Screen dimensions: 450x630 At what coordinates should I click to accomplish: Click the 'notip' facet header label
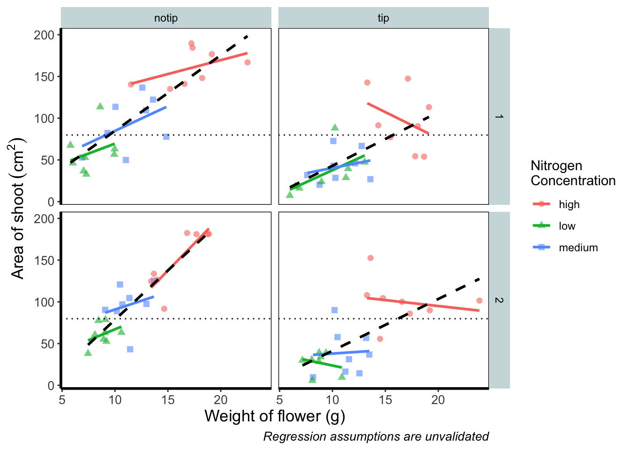tap(166, 18)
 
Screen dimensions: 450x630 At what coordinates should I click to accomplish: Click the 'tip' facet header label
tap(383, 18)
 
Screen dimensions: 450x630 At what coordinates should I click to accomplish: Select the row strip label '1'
tap(499, 116)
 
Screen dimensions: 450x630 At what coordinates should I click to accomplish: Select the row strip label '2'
tap(499, 300)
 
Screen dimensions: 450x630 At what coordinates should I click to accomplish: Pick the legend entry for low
tap(567, 226)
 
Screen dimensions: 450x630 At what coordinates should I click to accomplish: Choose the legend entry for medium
tap(578, 247)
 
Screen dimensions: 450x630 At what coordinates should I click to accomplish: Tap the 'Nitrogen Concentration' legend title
tap(573, 173)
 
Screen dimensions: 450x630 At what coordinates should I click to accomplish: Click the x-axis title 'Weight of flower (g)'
tap(275, 416)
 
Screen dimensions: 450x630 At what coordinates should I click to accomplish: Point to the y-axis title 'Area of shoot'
tap(18, 208)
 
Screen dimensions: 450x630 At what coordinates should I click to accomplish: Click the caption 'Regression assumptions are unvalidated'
tap(376, 436)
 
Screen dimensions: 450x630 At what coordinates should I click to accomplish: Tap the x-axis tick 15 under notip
tap(168, 400)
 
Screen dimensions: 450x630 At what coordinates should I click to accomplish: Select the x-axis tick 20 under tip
tap(438, 400)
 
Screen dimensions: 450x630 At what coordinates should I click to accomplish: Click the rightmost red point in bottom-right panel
tap(479, 300)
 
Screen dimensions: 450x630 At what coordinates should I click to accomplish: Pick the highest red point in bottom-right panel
tap(370, 258)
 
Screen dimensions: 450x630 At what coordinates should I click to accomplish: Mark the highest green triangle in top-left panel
tap(100, 106)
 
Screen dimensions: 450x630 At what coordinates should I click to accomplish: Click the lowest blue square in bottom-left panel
tap(130, 349)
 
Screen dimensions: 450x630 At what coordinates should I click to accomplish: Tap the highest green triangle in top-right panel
tap(335, 127)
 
